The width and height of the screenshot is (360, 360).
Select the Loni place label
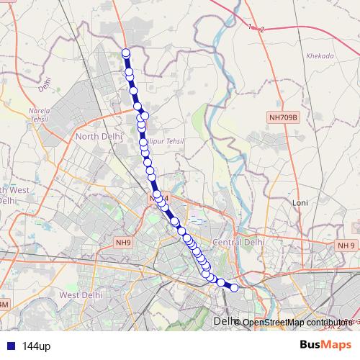300,203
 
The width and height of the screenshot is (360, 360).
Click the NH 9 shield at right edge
346,246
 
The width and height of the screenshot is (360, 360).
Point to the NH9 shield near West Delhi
122,243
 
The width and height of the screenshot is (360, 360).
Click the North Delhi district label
101,137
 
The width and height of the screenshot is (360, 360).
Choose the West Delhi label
78,295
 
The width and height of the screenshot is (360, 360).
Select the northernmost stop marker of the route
126,53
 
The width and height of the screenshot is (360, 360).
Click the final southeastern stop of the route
234,288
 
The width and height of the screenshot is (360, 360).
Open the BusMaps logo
325,346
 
